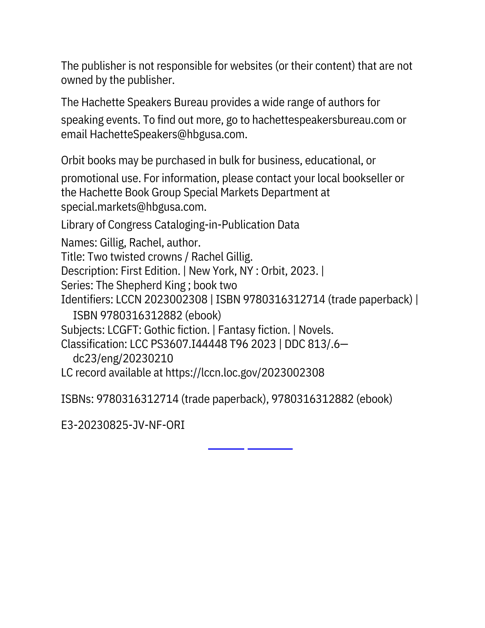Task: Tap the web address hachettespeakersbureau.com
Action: point(323,120)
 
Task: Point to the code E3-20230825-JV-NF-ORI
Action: point(123,425)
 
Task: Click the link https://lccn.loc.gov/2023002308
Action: point(245,373)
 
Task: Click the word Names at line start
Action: point(78,243)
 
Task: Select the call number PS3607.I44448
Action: point(189,344)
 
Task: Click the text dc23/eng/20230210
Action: point(123,359)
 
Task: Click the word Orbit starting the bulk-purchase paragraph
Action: point(73,160)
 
